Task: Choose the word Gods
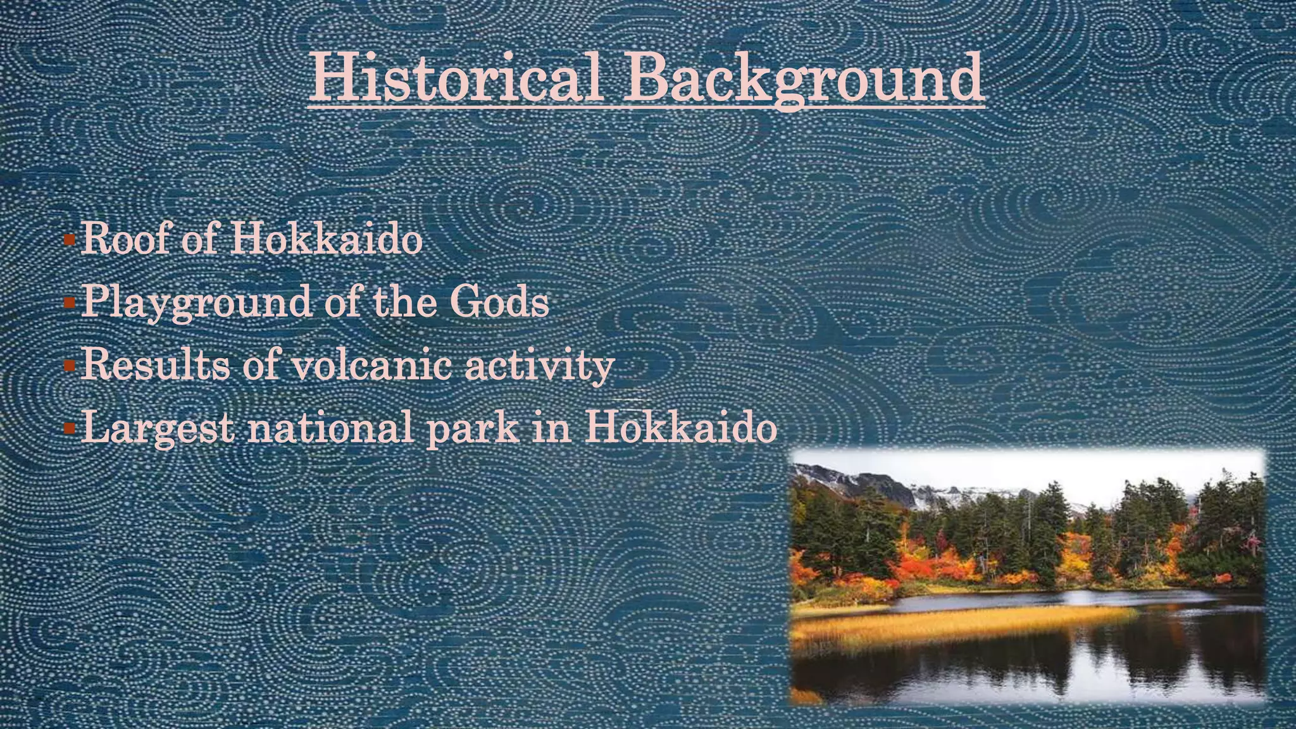click(499, 302)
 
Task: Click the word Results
click(155, 365)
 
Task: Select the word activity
click(539, 366)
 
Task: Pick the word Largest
click(158, 428)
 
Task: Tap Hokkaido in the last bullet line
click(680, 427)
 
